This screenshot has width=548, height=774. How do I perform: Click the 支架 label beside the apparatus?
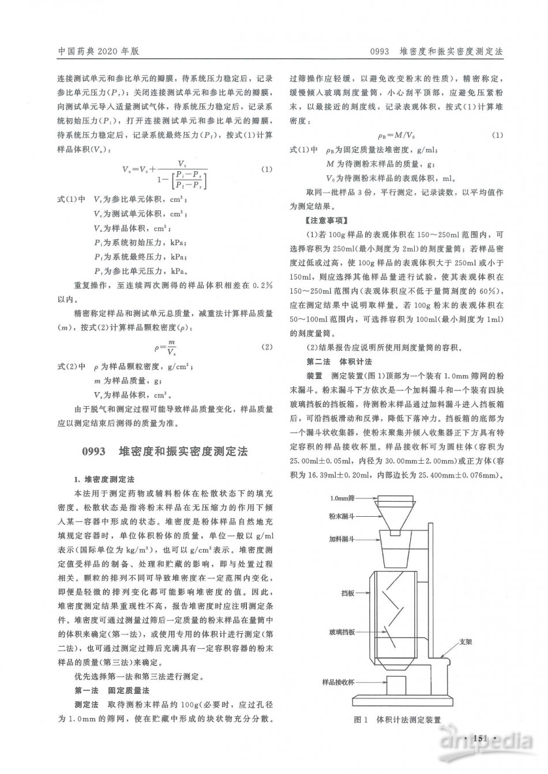coord(466,641)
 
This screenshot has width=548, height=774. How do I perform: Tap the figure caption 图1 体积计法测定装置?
coord(396,720)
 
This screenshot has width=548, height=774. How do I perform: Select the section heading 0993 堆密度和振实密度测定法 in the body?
coord(165,451)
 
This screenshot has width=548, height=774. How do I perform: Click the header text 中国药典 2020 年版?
coord(99,51)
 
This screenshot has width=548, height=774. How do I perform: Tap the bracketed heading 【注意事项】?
coord(319,221)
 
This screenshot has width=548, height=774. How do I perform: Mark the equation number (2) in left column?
coord(266,347)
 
